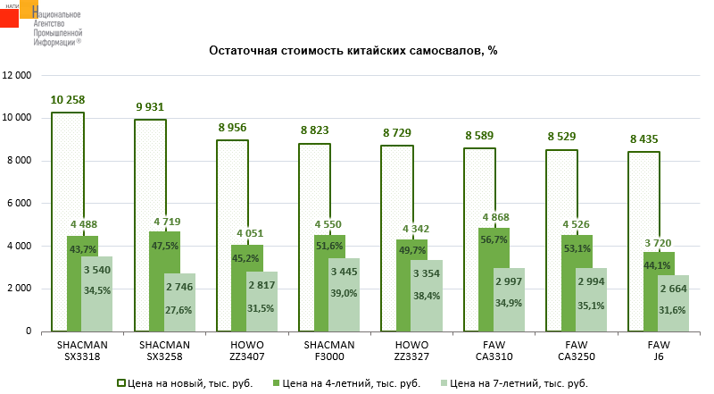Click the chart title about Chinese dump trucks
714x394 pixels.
[353, 51]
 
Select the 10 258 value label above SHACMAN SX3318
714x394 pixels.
[68, 99]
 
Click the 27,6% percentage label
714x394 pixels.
[178, 308]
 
